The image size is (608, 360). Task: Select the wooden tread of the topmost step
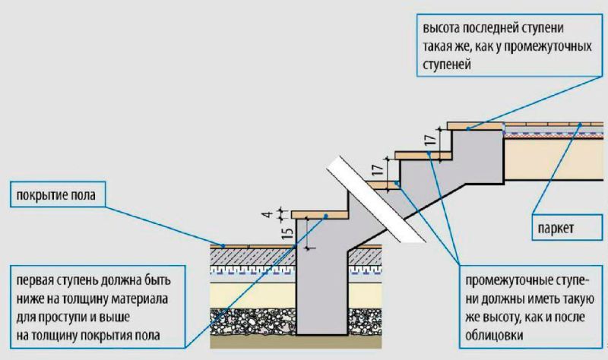(x=476, y=125)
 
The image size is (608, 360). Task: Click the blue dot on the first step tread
(x=327, y=216)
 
